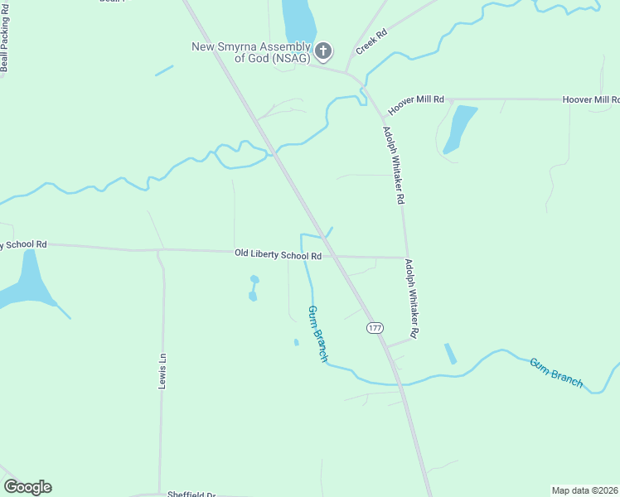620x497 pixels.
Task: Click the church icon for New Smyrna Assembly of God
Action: (324, 51)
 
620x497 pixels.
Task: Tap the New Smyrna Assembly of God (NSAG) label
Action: (250, 52)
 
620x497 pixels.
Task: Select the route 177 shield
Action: (375, 328)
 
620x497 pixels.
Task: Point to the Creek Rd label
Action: (371, 43)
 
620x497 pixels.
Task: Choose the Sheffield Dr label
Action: (191, 494)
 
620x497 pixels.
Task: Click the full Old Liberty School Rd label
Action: (278, 254)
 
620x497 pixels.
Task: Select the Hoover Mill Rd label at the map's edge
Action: (590, 99)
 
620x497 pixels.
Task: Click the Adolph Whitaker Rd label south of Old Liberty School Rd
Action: (411, 299)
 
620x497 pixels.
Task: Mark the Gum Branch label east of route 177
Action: (556, 373)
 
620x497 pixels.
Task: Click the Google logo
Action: (27, 487)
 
